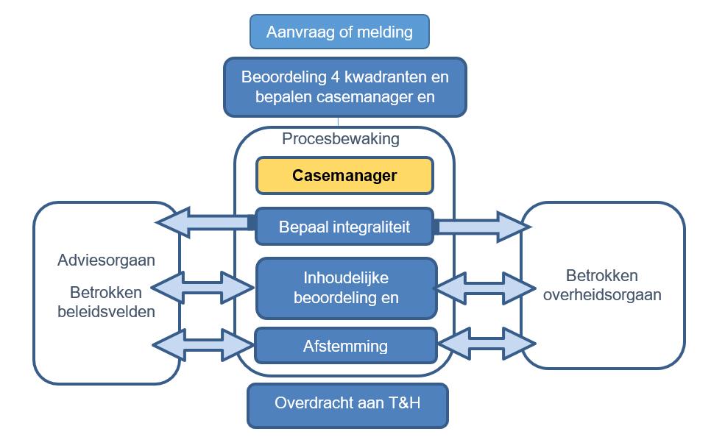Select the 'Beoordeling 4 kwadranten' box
click(x=344, y=87)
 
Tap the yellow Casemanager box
click(x=344, y=176)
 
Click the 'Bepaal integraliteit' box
click(x=344, y=227)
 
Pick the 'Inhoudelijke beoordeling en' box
click(x=345, y=288)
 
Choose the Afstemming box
click(x=344, y=346)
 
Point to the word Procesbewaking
click(x=341, y=139)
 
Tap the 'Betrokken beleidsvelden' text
click(x=106, y=301)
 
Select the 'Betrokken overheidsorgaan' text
click(x=603, y=285)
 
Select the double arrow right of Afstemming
click(x=486, y=344)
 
